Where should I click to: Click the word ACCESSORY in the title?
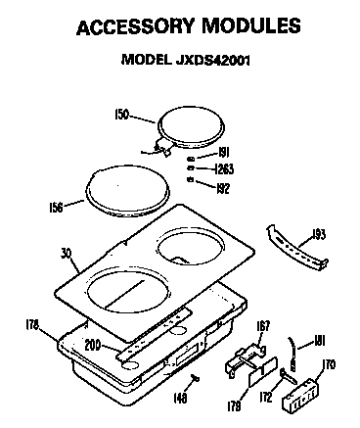click(x=136, y=26)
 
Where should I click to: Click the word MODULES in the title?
click(x=251, y=25)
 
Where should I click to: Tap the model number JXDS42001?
click(x=213, y=60)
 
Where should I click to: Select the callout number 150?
click(x=121, y=115)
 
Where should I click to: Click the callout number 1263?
click(x=224, y=169)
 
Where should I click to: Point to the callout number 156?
click(x=56, y=208)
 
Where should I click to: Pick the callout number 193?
click(x=319, y=234)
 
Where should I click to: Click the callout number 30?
click(x=67, y=254)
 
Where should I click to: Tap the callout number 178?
click(x=32, y=325)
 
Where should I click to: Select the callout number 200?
click(x=92, y=346)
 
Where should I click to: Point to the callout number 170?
click(x=329, y=364)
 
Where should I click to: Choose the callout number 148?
click(x=180, y=398)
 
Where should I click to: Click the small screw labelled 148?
click(x=196, y=378)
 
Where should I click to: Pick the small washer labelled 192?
click(x=191, y=179)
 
